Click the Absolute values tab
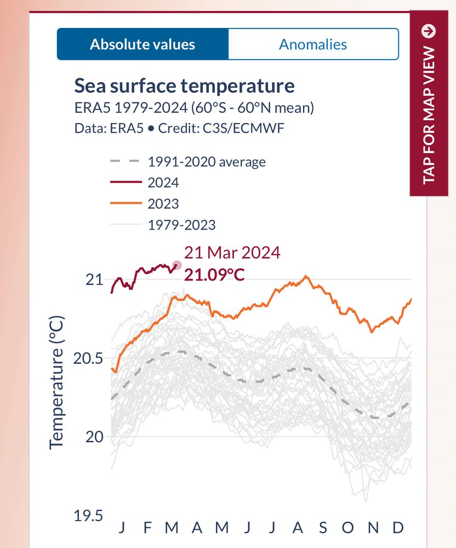(142, 44)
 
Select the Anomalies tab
(313, 44)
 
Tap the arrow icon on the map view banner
(429, 31)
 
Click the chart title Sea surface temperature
(184, 86)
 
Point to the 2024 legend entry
(163, 182)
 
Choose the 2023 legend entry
(163, 204)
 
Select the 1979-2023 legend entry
(181, 225)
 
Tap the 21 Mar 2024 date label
(232, 253)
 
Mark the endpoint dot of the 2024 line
(176, 265)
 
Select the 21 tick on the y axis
(94, 280)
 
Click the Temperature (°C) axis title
(57, 383)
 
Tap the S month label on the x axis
(323, 528)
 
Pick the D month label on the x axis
(398, 528)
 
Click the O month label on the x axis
(348, 528)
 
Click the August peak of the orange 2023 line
(306, 276)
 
